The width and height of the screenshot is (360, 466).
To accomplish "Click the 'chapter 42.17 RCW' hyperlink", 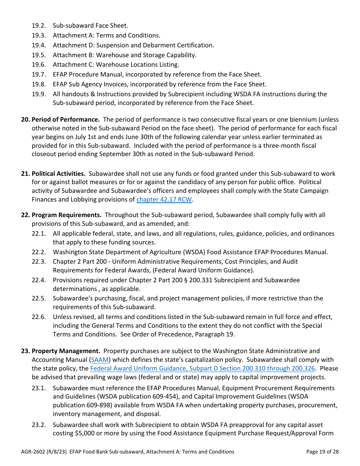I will click(164, 199).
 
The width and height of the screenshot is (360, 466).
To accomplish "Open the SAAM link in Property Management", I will click(100, 360).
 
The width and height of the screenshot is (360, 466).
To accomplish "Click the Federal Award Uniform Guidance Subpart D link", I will click(202, 368).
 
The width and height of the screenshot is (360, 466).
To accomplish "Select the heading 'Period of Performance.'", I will click(66, 119).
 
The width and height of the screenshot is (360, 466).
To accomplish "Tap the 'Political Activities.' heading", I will click(58, 174).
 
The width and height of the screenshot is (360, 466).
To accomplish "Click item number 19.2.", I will click(39, 25).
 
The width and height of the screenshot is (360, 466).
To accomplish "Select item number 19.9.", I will click(39, 94).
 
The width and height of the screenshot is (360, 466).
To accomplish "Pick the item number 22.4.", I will click(39, 280).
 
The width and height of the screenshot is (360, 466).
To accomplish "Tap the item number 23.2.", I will click(39, 425).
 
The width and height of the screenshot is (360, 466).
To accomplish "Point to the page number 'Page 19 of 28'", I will click(322, 452).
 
